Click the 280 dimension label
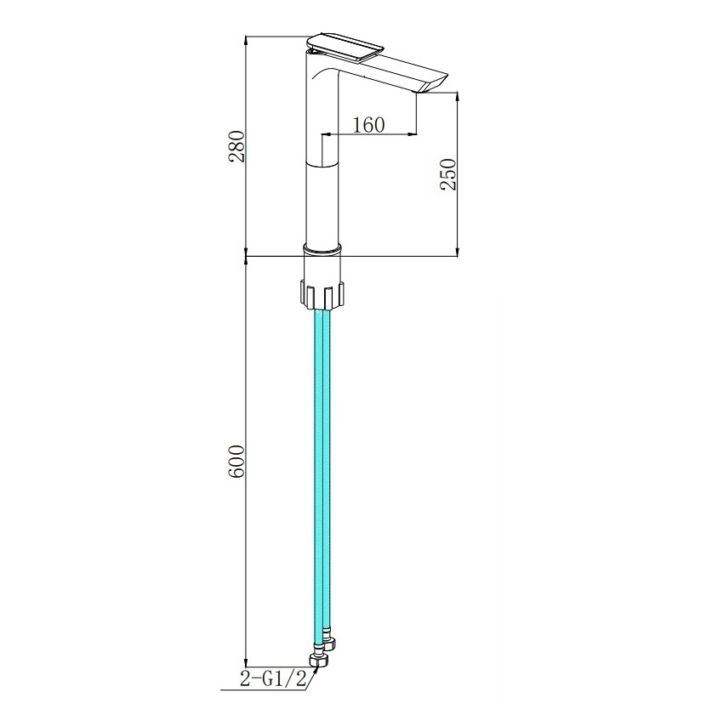click(237, 146)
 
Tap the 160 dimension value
click(368, 124)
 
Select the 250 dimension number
click(447, 173)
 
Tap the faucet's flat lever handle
click(345, 46)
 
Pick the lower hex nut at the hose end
click(317, 660)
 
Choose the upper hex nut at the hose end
click(329, 643)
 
